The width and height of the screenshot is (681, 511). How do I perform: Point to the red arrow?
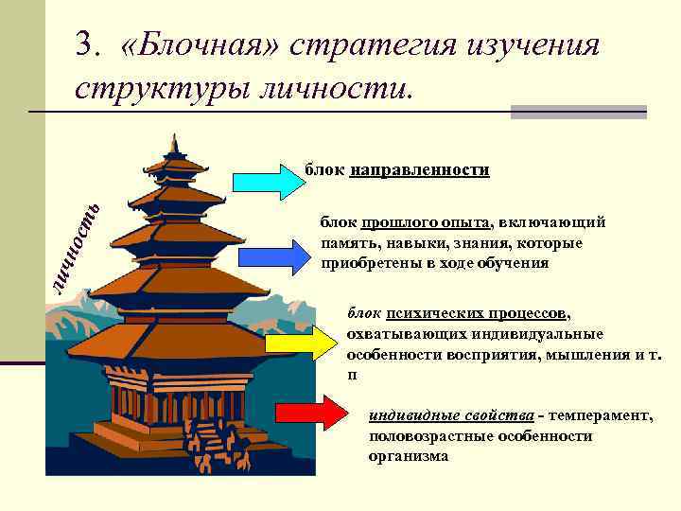[x=311, y=414]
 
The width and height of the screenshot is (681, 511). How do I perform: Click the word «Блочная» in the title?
[x=203, y=45]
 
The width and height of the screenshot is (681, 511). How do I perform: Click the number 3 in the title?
[x=88, y=45]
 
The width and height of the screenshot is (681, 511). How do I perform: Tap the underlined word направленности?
[x=419, y=171]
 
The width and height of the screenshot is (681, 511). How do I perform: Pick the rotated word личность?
[x=75, y=248]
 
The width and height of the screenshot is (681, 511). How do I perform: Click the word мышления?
[x=568, y=353]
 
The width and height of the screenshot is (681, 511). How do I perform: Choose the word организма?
[x=409, y=455]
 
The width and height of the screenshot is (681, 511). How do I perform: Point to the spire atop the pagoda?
[x=173, y=144]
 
